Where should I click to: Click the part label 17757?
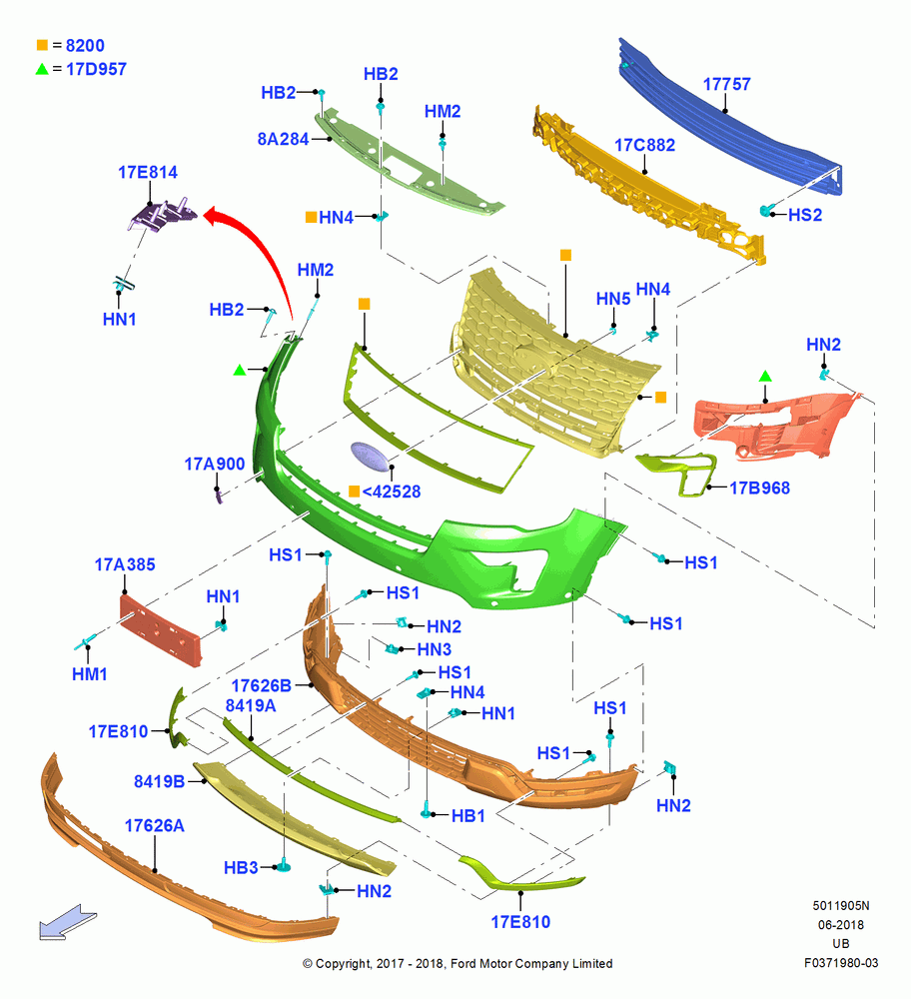726,84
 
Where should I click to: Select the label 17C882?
644,145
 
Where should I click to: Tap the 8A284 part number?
283,139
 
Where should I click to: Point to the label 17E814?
148,172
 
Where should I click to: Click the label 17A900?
215,464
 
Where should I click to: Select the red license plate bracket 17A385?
161,630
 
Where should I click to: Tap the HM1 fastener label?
89,674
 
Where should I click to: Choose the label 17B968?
759,489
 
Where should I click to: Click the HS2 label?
805,215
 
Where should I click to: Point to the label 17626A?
154,826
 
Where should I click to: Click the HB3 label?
241,868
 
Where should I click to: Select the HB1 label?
468,815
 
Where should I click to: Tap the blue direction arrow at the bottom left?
68,922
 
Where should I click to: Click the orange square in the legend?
42,45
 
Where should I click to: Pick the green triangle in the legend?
42,69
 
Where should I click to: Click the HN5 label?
613,299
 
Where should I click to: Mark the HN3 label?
434,649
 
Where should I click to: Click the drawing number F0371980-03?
841,963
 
